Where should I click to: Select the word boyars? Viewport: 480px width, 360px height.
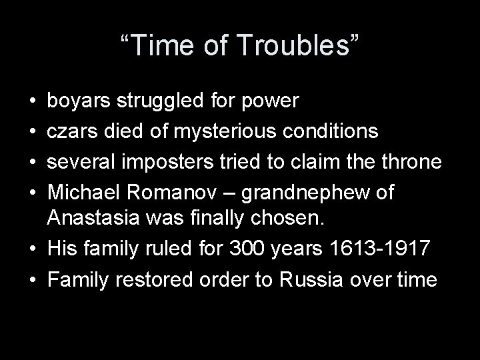click(x=79, y=101)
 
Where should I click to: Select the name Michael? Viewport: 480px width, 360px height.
click(x=84, y=192)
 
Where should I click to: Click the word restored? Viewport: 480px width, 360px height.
click(x=161, y=279)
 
